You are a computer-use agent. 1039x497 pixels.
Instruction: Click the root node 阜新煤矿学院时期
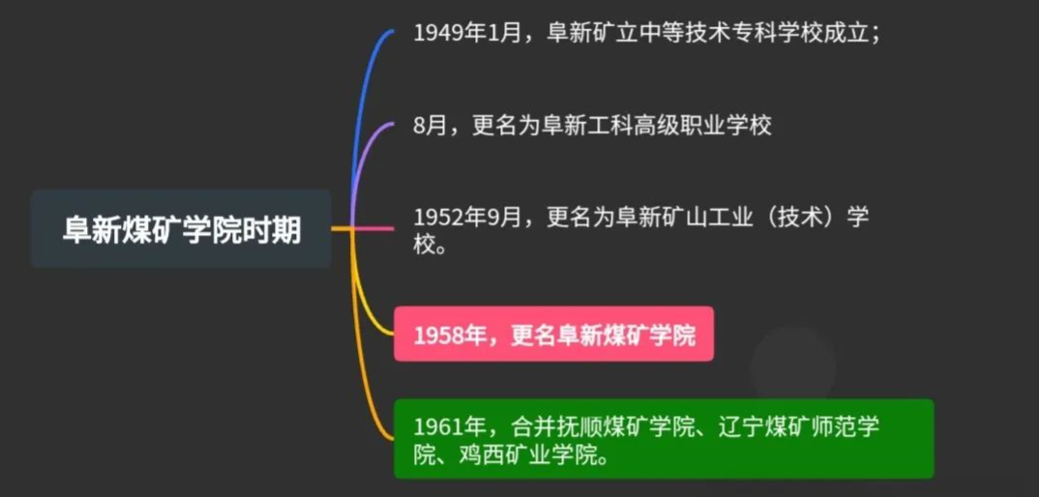181,228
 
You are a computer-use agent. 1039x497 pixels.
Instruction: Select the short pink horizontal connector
372,228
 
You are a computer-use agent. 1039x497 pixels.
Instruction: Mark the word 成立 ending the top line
844,33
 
